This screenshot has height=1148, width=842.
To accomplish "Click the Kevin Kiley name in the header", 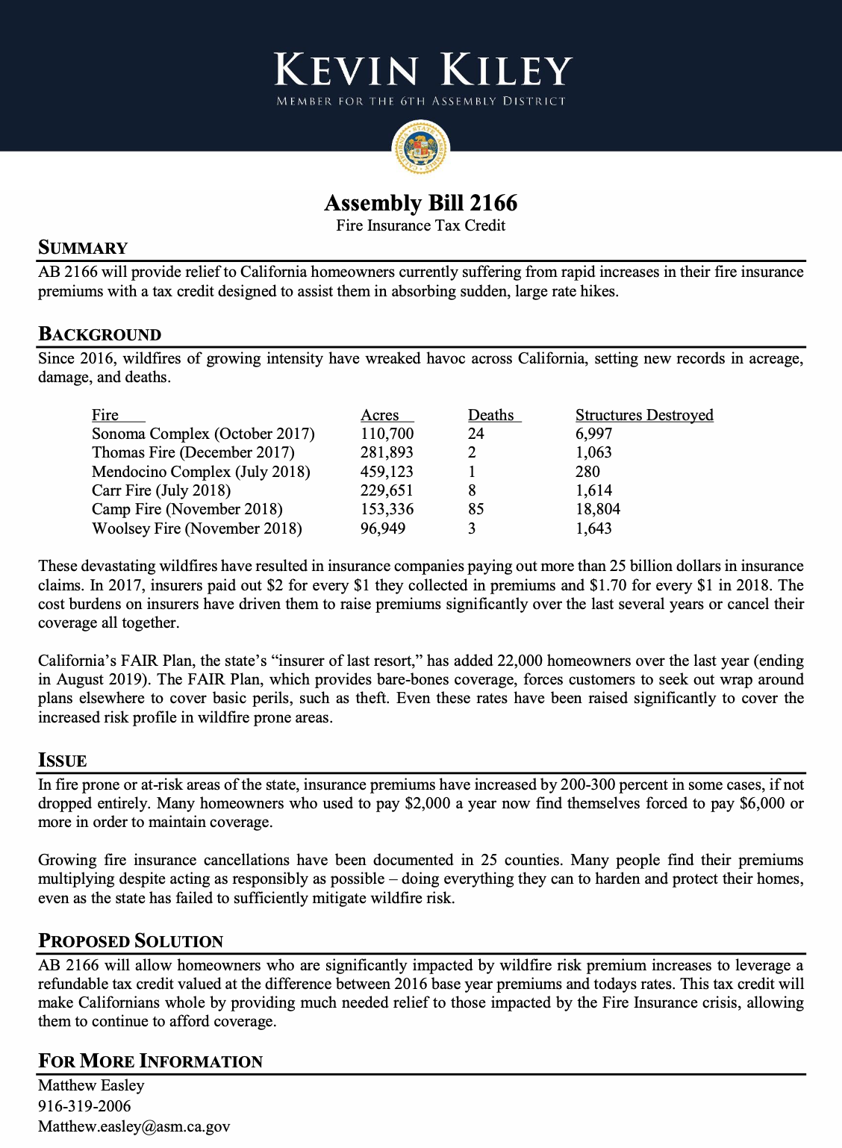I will tap(422, 70).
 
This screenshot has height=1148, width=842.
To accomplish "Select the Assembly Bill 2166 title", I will tap(421, 203).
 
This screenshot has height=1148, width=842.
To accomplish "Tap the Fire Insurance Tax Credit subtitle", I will tap(420, 225).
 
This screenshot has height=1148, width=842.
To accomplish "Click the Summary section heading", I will tap(83, 248).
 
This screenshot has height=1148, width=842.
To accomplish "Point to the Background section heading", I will tap(99, 334).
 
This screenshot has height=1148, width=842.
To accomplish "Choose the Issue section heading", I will tap(63, 761).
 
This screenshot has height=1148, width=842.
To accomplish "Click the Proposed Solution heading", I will tap(131, 940).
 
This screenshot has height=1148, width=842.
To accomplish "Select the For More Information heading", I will tap(150, 1061).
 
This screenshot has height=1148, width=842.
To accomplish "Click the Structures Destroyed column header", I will tap(644, 415).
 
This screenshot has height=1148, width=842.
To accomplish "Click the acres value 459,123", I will tap(387, 472).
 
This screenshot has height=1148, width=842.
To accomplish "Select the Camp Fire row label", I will tap(187, 509).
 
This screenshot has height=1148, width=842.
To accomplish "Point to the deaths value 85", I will tap(476, 509).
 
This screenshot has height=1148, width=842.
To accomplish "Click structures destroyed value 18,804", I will tap(598, 509).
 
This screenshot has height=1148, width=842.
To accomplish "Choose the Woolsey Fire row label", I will tap(197, 528).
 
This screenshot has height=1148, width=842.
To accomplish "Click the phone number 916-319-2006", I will tap(84, 1106).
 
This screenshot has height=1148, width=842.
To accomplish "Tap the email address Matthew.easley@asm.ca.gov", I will tap(134, 1126).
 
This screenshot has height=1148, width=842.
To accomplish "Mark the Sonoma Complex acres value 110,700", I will tap(387, 434).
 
